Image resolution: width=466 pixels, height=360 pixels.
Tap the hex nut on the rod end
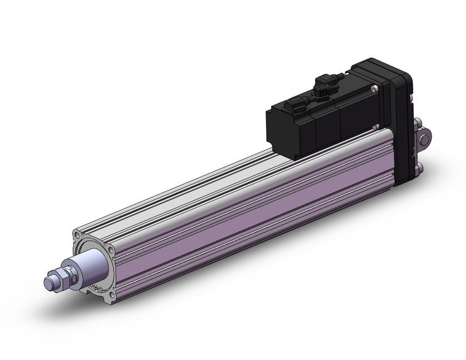point(61,278)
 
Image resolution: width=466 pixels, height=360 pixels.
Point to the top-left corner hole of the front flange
point(77,235)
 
